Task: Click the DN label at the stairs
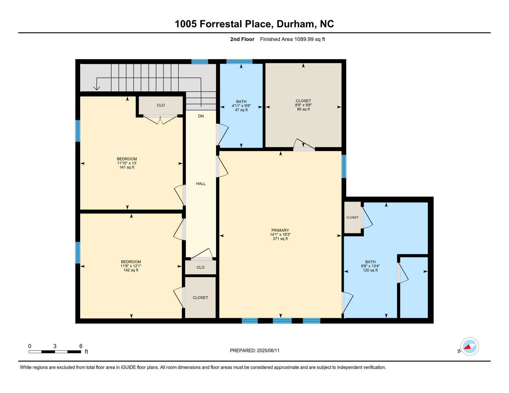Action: tap(201, 116)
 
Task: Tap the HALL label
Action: tap(201, 184)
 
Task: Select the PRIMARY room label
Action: tap(280, 231)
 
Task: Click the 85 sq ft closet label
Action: tap(303, 105)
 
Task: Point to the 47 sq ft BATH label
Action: tap(241, 106)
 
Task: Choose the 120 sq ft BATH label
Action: tap(370, 266)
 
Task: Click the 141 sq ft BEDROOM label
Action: tap(127, 163)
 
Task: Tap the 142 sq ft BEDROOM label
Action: tap(131, 266)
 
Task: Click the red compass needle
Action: tap(467, 347)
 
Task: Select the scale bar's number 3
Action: tap(55, 346)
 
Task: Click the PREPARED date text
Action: tap(254, 351)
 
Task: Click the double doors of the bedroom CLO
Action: tap(160, 119)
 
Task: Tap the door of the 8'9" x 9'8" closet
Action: tap(304, 145)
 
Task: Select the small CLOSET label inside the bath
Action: tap(352, 217)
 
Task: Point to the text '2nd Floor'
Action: tap(242, 39)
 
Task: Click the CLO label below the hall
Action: tap(200, 267)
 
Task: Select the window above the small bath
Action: tap(239, 61)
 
